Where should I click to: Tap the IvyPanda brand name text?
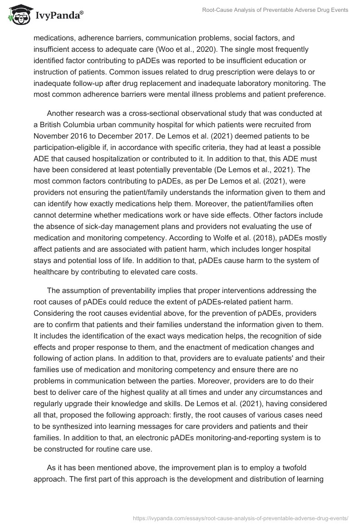[59, 17]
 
